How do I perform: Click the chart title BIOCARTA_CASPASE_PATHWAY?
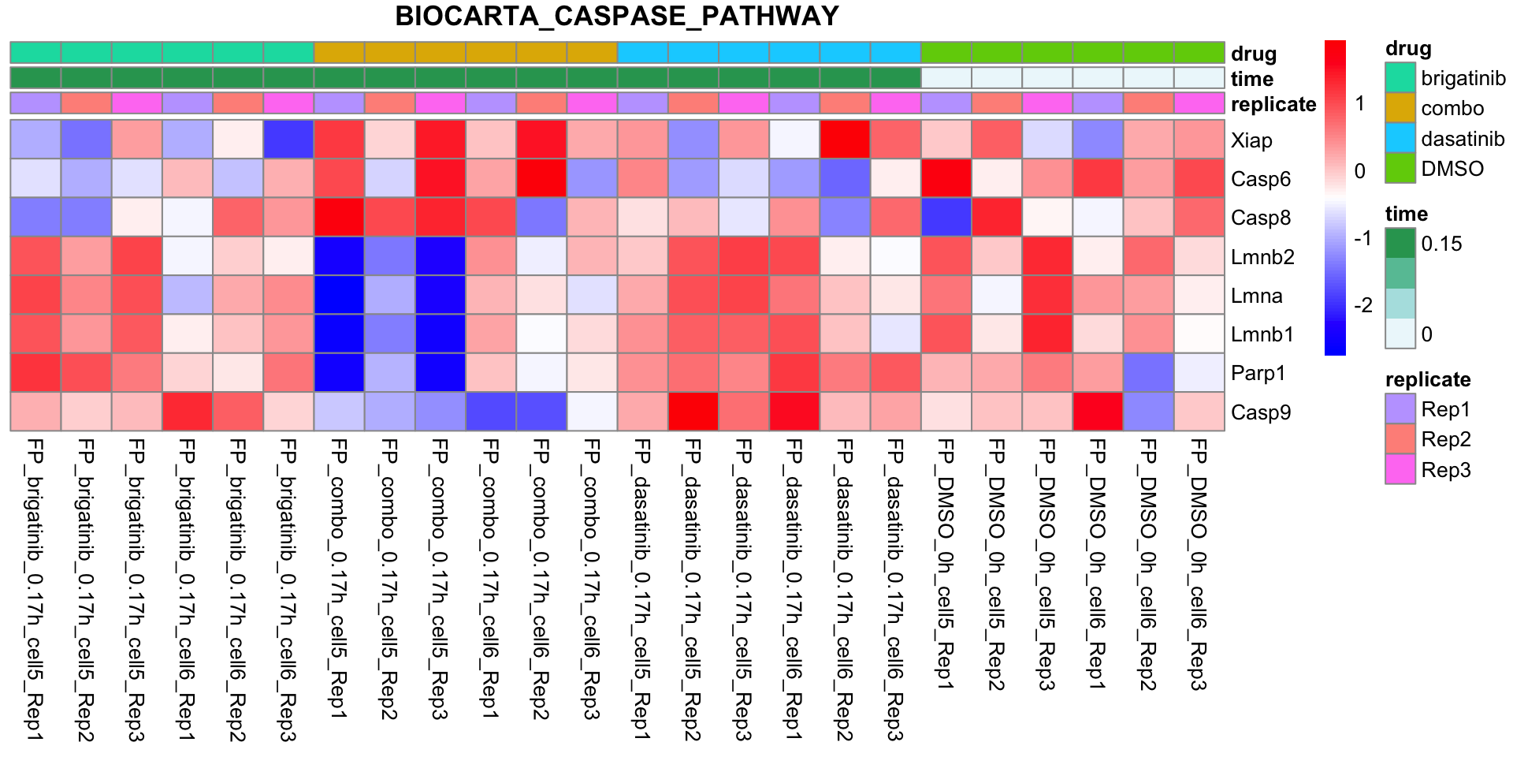[x=617, y=17]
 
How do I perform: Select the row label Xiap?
[x=1251, y=140]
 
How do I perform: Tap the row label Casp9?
[x=1261, y=412]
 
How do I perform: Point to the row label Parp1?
[x=1258, y=373]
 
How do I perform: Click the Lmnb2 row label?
[x=1262, y=257]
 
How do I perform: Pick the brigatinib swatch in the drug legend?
[x=1400, y=78]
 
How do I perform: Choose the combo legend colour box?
[x=1400, y=108]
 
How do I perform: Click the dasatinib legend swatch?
[x=1400, y=139]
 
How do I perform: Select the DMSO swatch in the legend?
[x=1400, y=169]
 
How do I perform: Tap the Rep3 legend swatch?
[x=1400, y=470]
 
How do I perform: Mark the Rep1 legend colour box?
[x=1400, y=409]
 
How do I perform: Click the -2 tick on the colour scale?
[x=1363, y=305]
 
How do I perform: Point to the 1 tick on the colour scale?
[x=1360, y=103]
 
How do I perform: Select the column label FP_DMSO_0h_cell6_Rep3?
[x=1199, y=565]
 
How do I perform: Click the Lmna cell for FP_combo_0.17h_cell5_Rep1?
[x=339, y=296]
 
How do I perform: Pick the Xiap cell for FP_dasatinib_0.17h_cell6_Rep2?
[x=845, y=140]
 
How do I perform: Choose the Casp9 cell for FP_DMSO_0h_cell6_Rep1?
[x=1098, y=412]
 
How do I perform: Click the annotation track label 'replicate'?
[x=1273, y=104]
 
